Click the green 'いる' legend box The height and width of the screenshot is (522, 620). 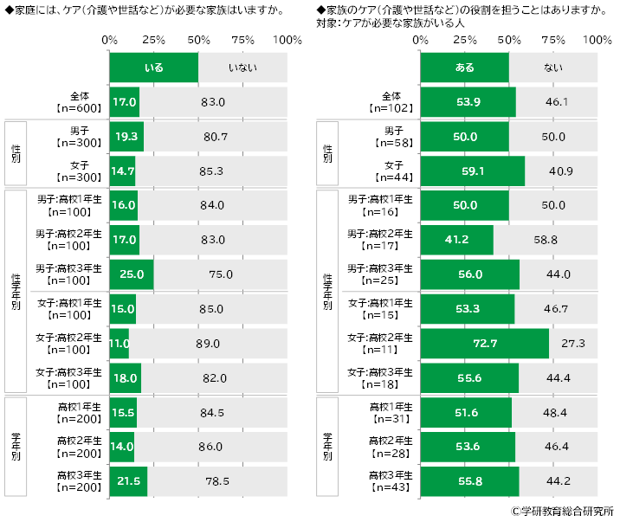point(154,68)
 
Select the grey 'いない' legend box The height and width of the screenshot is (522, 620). point(242,68)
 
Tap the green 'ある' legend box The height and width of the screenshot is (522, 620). point(464,68)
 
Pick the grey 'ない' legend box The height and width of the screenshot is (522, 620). point(552,68)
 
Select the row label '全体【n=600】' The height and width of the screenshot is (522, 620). point(79,102)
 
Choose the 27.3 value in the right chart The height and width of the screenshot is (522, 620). point(573,344)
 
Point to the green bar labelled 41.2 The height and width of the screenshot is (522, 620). point(456,240)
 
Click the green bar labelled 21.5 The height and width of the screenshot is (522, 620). point(128,481)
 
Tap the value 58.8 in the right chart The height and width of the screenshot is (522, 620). point(546,240)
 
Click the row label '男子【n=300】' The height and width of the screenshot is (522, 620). point(79,137)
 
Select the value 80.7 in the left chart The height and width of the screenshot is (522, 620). point(215,137)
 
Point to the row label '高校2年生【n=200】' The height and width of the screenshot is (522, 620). point(79,447)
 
